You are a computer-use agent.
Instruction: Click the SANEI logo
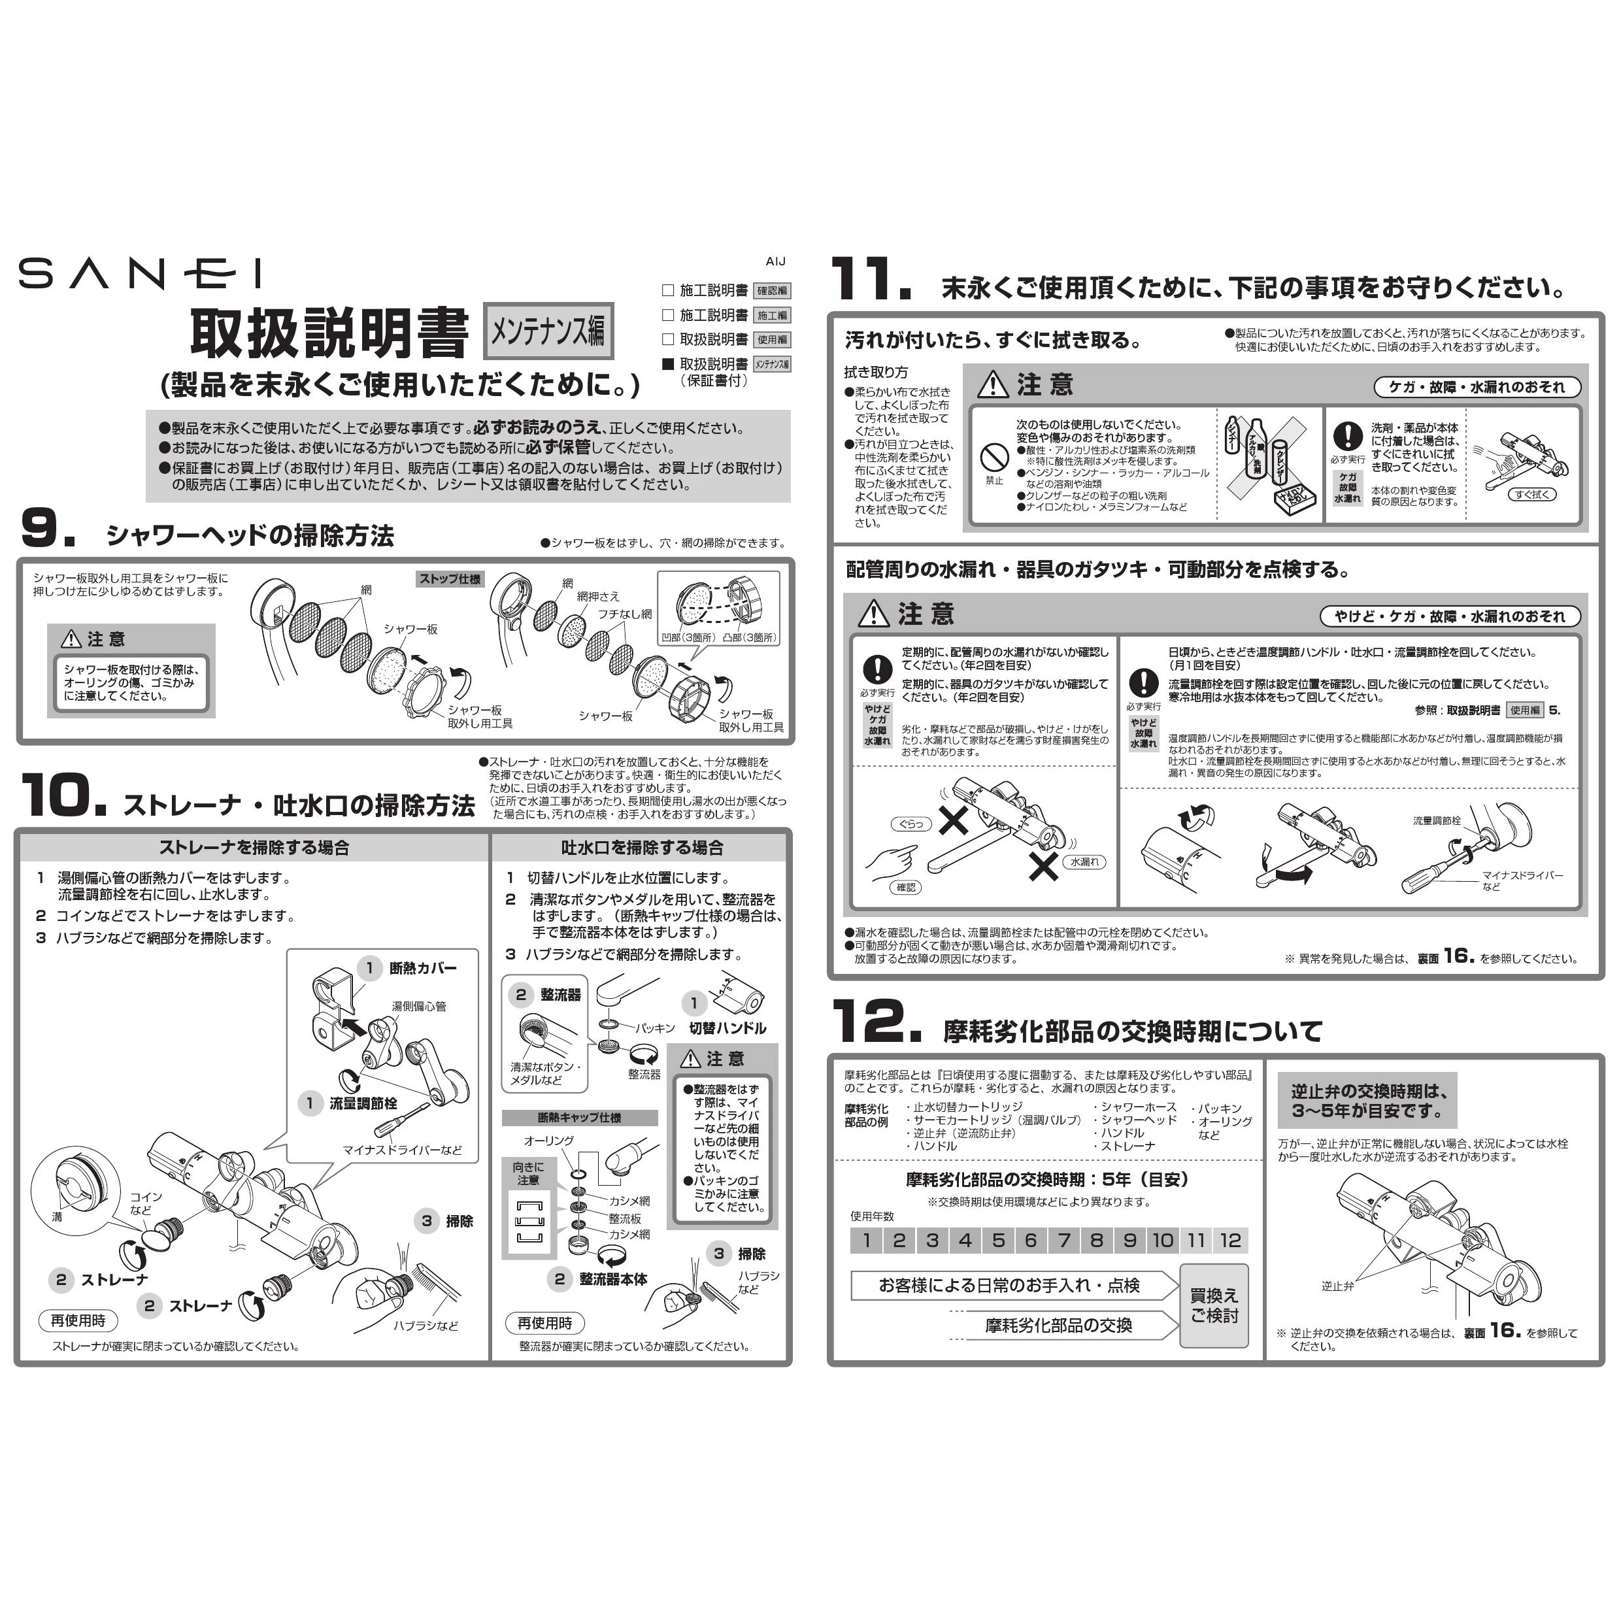click(x=140, y=273)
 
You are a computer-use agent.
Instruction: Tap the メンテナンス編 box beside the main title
click(x=549, y=331)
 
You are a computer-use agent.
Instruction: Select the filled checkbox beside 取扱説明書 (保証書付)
click(x=668, y=364)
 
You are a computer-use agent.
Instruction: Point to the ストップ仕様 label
click(x=450, y=579)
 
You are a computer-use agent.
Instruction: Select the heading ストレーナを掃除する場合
click(x=254, y=847)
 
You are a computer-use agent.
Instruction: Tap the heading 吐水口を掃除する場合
click(x=642, y=847)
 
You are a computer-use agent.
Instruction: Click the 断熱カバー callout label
click(x=423, y=968)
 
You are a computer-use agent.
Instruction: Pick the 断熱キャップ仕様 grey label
click(x=579, y=1118)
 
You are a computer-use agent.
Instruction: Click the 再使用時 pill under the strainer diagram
click(x=78, y=1320)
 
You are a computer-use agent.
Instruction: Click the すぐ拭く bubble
click(x=1532, y=494)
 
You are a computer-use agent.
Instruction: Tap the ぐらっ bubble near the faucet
click(x=911, y=824)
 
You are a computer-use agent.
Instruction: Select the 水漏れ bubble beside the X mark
click(x=1085, y=861)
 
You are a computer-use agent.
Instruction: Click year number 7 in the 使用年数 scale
click(x=1064, y=1240)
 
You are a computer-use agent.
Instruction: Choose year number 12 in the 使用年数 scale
click(x=1230, y=1240)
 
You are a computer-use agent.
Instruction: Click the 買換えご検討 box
click(x=1213, y=1305)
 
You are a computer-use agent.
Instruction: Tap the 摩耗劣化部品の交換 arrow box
click(x=1058, y=1325)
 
